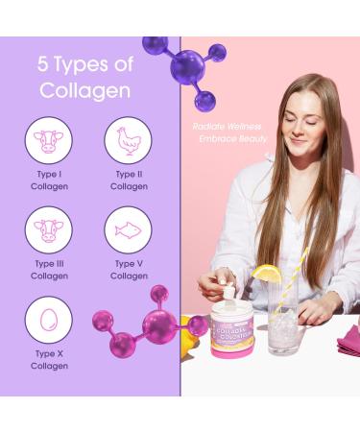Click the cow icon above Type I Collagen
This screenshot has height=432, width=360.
click(x=49, y=141)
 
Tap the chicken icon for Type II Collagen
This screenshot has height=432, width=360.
click(x=128, y=141)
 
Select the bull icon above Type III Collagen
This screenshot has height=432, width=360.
click(x=49, y=230)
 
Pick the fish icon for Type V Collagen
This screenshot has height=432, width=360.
click(x=128, y=230)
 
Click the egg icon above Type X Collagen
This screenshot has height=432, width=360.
click(x=49, y=320)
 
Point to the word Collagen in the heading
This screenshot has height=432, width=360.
click(x=84, y=90)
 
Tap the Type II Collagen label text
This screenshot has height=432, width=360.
click(x=129, y=180)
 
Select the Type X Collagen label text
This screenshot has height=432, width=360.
click(x=49, y=359)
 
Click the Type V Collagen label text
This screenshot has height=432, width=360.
click(x=129, y=270)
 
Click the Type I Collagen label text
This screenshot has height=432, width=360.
click(x=49, y=180)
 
